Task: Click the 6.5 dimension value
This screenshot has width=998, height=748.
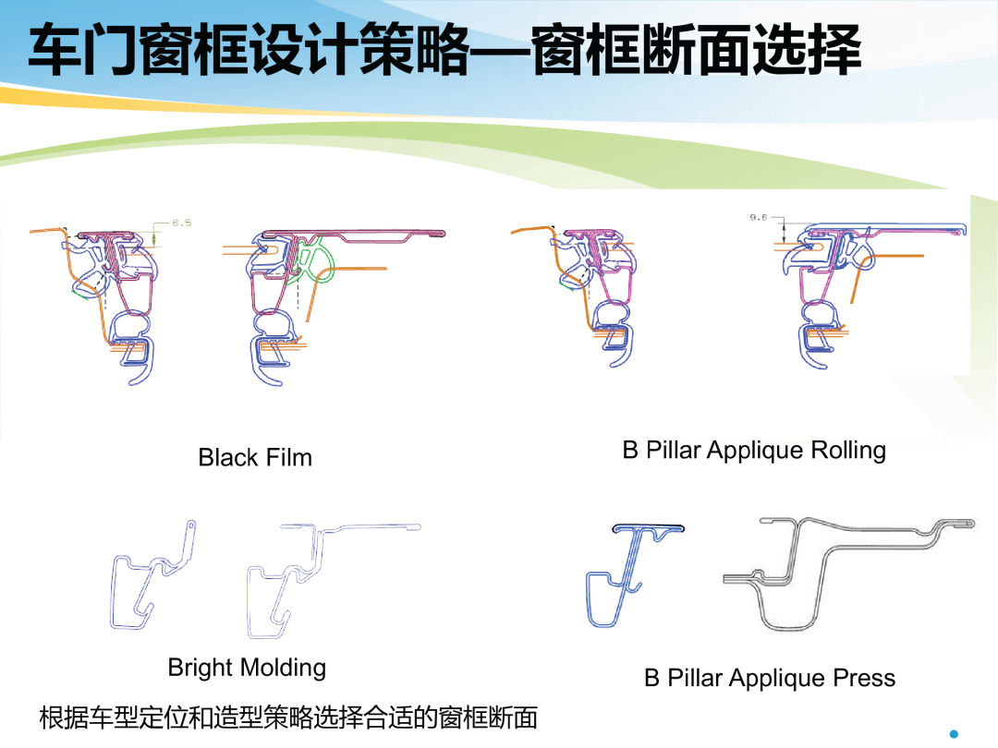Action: point(181,223)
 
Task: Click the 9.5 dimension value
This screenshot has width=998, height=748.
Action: point(758,218)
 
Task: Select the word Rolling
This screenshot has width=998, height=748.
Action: point(848,451)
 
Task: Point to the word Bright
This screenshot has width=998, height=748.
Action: point(201,668)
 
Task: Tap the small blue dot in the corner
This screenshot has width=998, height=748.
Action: point(954,734)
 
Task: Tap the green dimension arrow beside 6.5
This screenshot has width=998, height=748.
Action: point(154,239)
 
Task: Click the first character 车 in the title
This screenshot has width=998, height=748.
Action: point(55,50)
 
